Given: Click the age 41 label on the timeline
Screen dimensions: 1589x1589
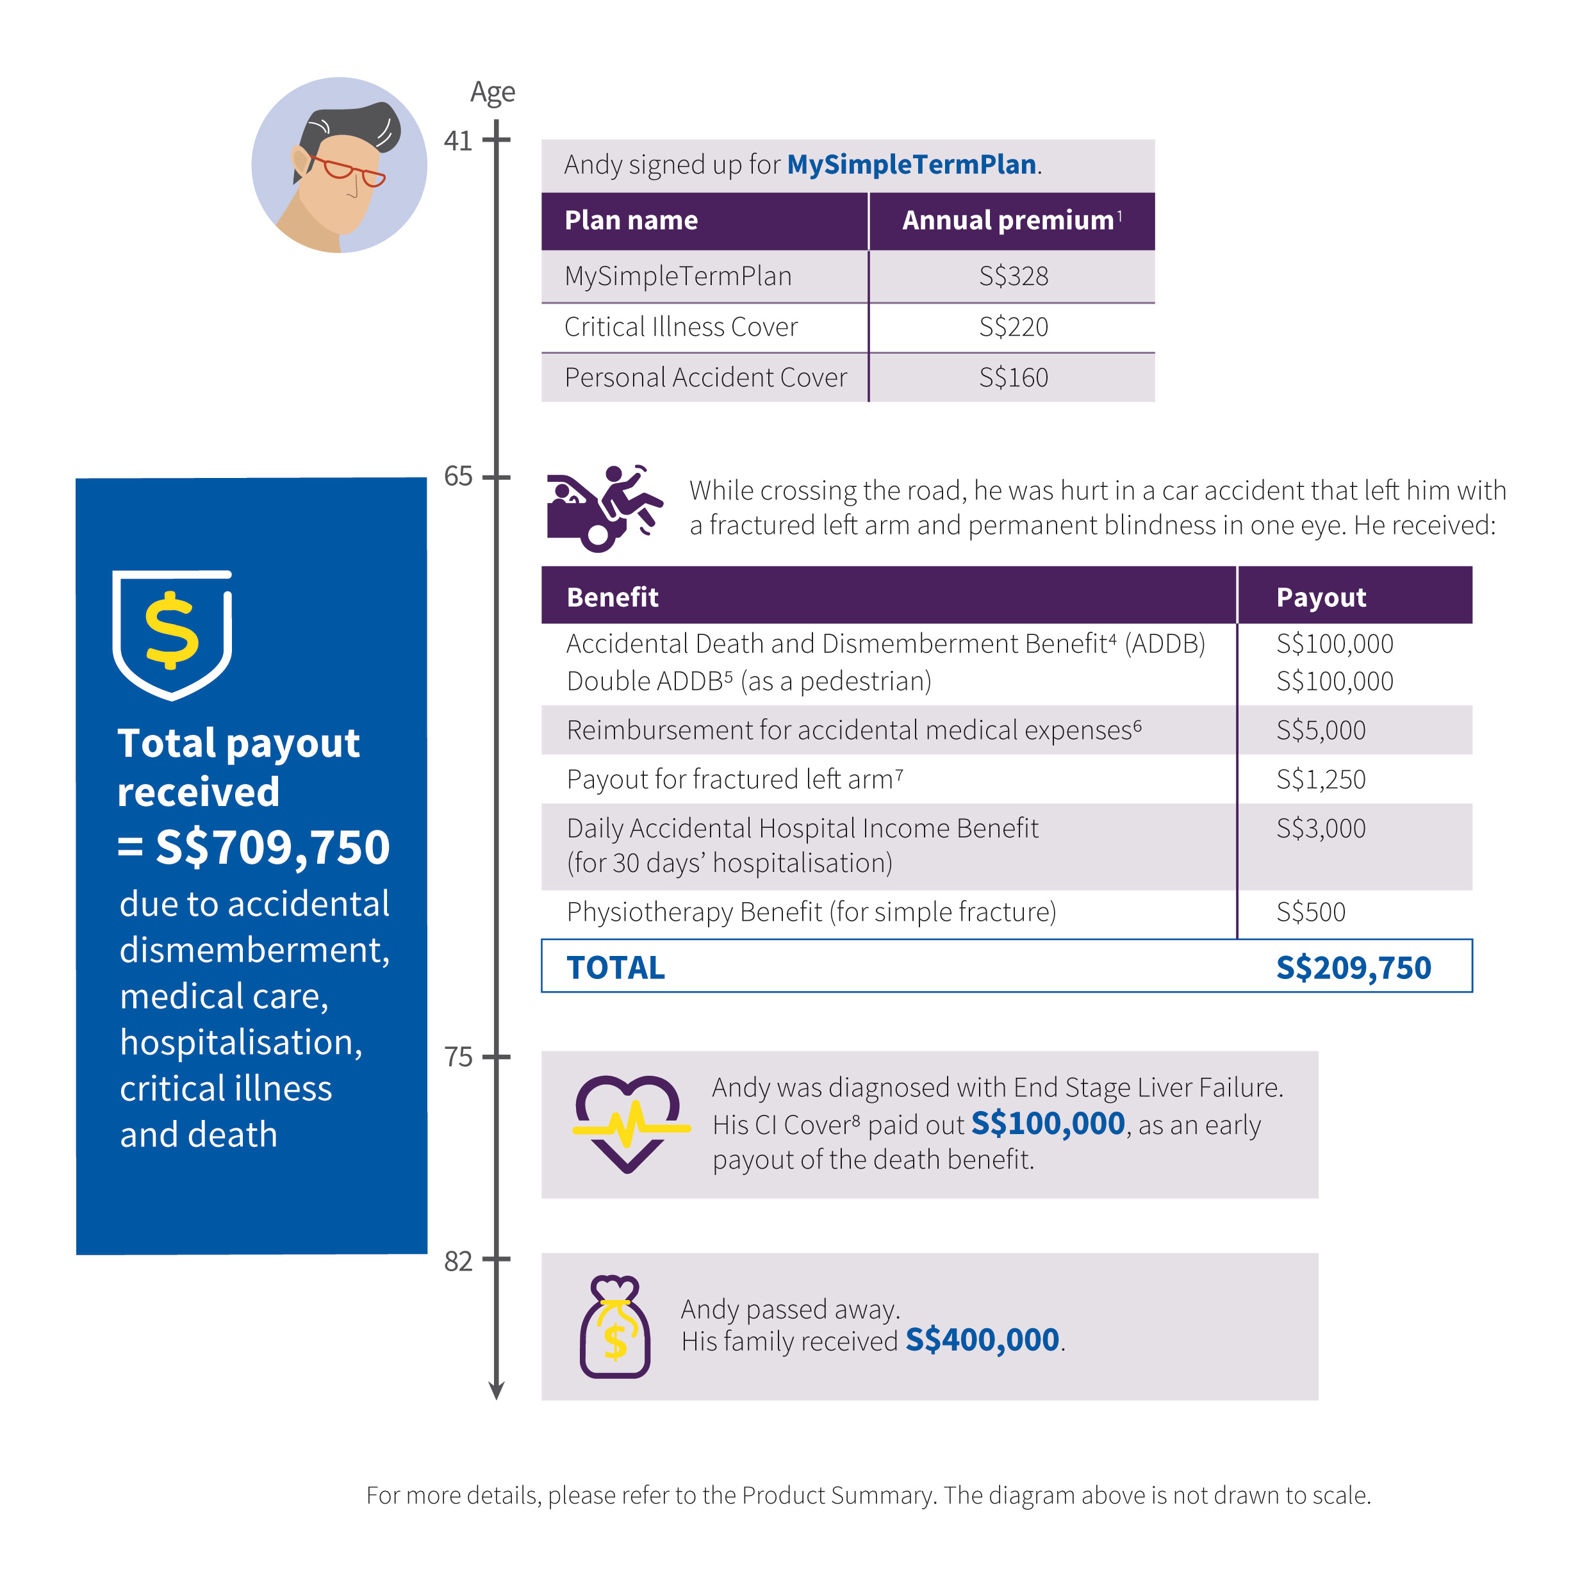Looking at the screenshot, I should click(x=458, y=142).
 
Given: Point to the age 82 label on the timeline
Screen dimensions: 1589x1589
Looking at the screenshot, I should click(x=458, y=1261).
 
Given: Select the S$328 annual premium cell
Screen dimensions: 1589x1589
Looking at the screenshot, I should click(x=1013, y=276).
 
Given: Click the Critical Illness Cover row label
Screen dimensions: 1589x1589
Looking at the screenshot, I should click(x=680, y=327).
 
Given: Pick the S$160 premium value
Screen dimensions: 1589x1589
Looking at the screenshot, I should click(x=1013, y=377).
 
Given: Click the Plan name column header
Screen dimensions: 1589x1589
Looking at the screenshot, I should click(x=631, y=220).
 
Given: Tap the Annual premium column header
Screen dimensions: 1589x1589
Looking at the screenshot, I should click(x=1009, y=220).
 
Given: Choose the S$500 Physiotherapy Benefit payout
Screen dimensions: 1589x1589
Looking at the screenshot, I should click(x=1310, y=912).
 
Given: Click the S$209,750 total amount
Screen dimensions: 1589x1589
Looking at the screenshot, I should click(x=1353, y=968).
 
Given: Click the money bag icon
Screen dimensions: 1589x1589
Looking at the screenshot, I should click(x=615, y=1328).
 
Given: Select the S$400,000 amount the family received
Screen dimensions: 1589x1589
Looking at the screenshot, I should click(x=982, y=1340).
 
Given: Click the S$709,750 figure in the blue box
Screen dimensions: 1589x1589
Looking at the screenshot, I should click(x=272, y=848).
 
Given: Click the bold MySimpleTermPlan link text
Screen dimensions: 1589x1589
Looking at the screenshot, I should click(x=911, y=165).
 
